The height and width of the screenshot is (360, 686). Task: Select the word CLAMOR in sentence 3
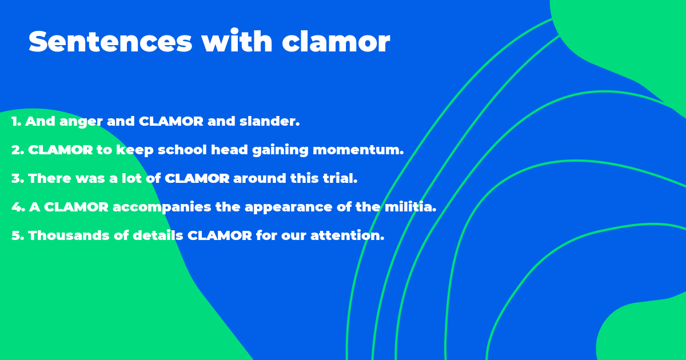pyautogui.click(x=197, y=178)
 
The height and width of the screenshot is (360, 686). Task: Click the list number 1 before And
pyautogui.click(x=16, y=122)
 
